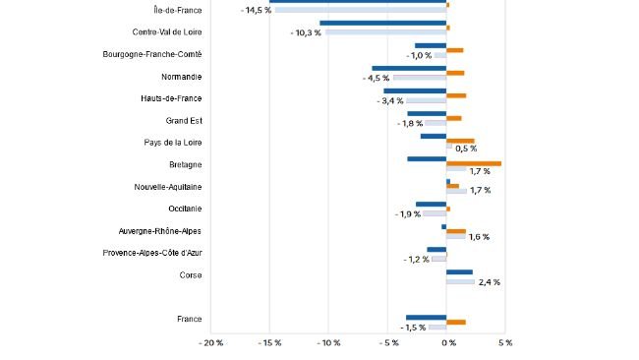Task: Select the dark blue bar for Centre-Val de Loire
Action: [x=382, y=23]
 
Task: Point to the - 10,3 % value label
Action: [x=306, y=32]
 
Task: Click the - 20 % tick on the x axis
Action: [x=210, y=343]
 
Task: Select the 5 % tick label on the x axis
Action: [x=505, y=343]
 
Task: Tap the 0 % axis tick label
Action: [x=446, y=343]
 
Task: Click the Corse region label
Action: [x=191, y=275]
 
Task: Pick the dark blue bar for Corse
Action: [x=459, y=272]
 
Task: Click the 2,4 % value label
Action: [x=489, y=282]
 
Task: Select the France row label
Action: [x=189, y=320]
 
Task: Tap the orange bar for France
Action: [x=456, y=322]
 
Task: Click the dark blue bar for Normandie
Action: [x=409, y=69]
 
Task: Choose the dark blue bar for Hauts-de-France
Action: [x=415, y=90]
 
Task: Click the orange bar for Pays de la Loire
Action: [x=460, y=141]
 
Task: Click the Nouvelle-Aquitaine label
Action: [x=168, y=186]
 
